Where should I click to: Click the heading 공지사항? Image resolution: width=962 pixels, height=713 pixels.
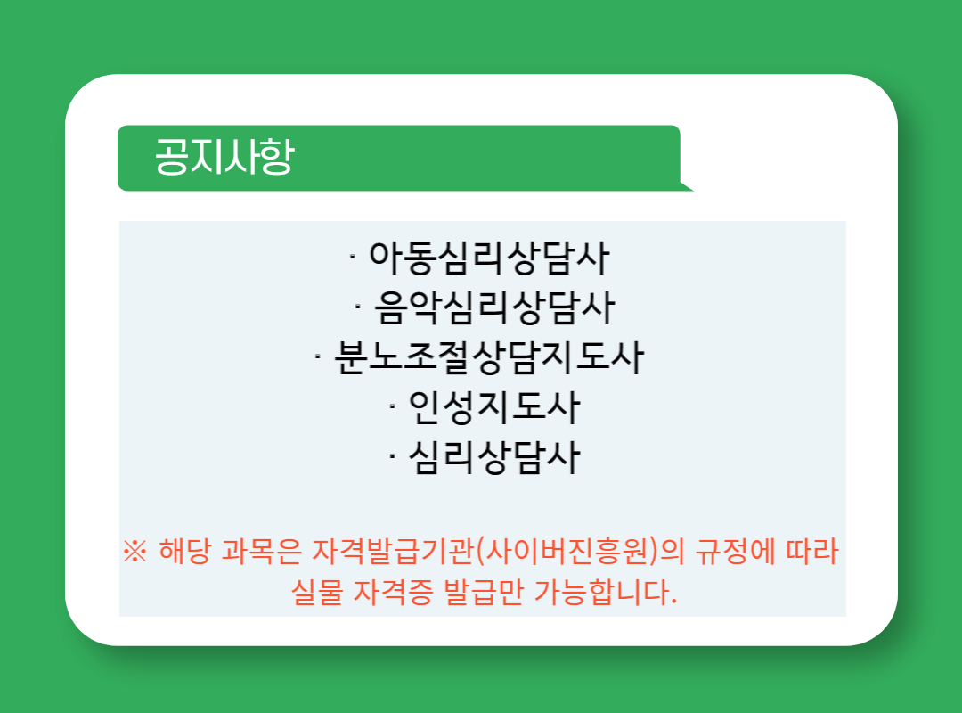tap(224, 157)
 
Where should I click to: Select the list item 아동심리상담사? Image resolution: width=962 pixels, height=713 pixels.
tap(489, 258)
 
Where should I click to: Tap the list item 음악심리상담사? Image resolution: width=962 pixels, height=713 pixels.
tap(494, 307)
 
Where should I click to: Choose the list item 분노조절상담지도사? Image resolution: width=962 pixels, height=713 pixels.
tap(489, 357)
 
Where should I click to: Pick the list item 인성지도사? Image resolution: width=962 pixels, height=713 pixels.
tap(494, 407)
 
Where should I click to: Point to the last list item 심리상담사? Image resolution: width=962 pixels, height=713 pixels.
tap(494, 457)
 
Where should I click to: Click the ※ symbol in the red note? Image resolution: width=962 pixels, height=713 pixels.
tap(135, 551)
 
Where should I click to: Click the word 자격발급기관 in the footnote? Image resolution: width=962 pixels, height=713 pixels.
tap(393, 551)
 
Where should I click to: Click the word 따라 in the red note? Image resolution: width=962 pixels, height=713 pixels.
tap(813, 551)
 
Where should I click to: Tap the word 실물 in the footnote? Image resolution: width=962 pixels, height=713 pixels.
tap(316, 592)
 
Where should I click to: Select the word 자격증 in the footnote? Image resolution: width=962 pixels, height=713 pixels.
tap(394, 592)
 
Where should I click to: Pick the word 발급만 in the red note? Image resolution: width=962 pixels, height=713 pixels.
tap(484, 592)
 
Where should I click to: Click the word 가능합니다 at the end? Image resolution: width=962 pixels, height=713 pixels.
tap(605, 592)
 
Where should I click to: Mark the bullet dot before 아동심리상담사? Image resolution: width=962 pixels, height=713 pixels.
tap(352, 258)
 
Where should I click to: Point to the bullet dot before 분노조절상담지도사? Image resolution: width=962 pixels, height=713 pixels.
tap(318, 357)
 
